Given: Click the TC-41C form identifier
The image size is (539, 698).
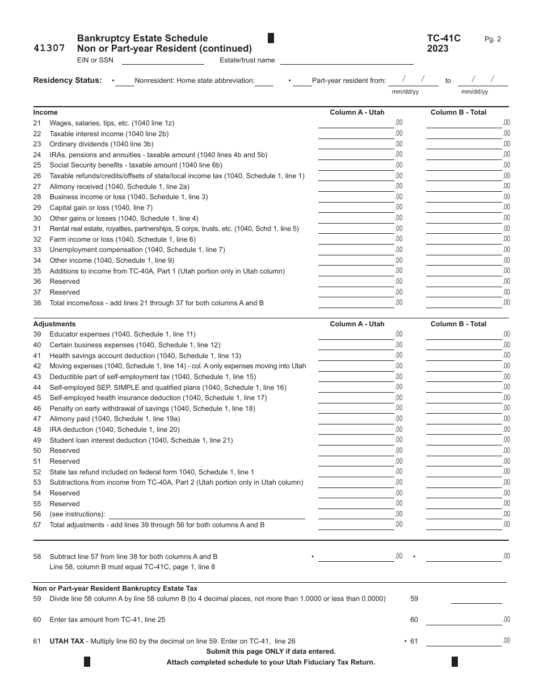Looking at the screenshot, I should point(444,39).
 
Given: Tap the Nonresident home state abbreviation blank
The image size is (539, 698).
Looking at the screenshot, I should point(264,81).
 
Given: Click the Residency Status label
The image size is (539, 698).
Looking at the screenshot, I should point(68,81).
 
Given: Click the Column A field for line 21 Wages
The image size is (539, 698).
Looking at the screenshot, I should point(356,123).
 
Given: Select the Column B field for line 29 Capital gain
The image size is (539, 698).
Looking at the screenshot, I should point(464,208).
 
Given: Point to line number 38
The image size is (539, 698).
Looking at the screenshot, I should point(37,303).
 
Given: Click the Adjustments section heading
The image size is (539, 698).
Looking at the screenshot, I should point(54,324).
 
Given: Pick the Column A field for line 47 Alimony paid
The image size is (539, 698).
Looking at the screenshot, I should point(356,419).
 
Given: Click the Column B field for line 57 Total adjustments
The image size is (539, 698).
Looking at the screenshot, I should point(464,525).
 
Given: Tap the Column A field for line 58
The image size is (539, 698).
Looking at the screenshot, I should point(356,557).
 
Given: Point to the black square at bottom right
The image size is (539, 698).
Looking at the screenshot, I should point(454,662).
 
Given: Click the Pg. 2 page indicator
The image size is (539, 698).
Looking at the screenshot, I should point(492,39).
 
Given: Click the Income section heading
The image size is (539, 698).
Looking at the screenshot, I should point(45,112).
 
